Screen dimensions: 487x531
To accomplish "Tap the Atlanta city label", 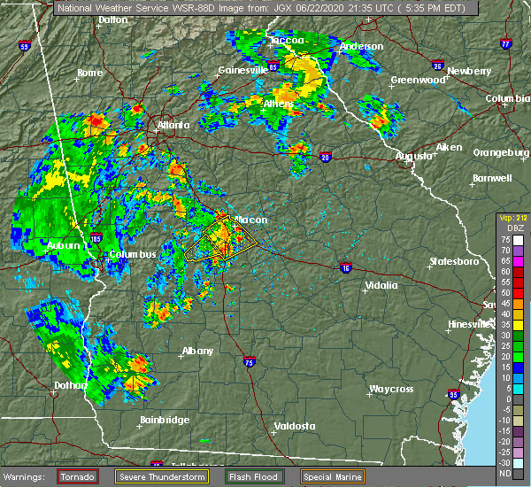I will click(173, 126).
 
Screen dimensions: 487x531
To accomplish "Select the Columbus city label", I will click(133, 255).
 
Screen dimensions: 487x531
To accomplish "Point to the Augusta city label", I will click(413, 156).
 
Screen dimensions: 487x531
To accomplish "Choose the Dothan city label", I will click(70, 385).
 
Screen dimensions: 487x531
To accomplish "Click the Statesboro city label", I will click(453, 262).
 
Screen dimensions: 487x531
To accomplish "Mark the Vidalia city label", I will click(380, 286).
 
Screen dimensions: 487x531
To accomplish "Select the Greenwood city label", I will click(418, 80).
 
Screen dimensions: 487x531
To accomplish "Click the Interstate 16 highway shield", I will click(346, 267).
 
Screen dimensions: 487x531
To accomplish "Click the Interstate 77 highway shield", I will click(505, 43).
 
